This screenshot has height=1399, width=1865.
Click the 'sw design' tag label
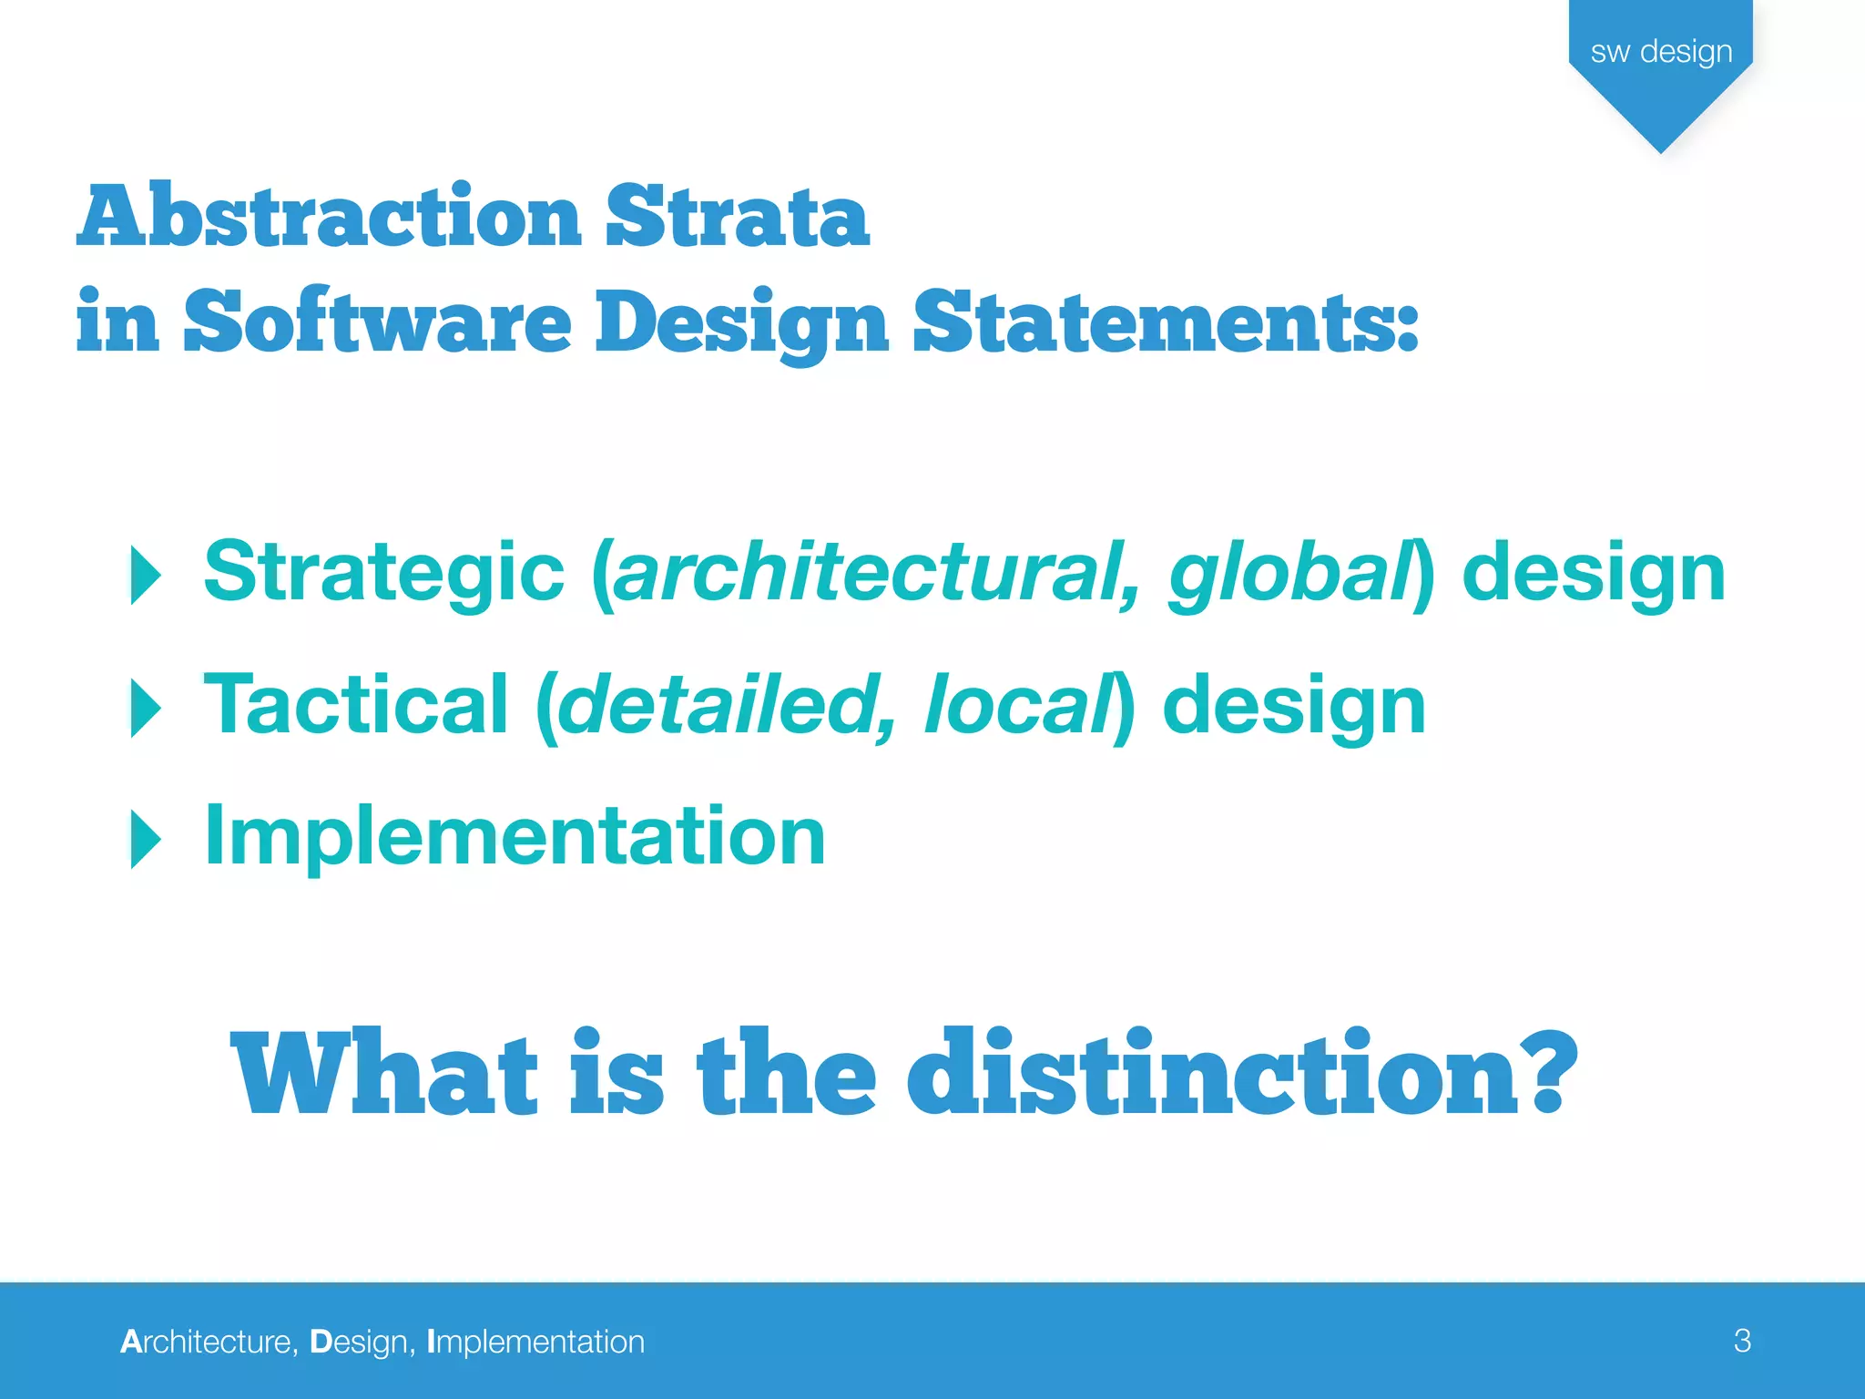(1661, 52)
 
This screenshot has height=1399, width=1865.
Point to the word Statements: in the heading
(1166, 322)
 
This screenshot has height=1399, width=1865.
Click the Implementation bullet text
(515, 836)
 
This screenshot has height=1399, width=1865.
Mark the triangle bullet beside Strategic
(146, 576)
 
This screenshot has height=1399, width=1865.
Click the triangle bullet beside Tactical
(146, 708)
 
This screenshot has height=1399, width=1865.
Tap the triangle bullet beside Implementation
(146, 839)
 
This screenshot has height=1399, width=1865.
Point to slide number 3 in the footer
(1742, 1341)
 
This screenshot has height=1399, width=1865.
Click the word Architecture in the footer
(208, 1342)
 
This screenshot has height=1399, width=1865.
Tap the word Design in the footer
(361, 1342)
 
